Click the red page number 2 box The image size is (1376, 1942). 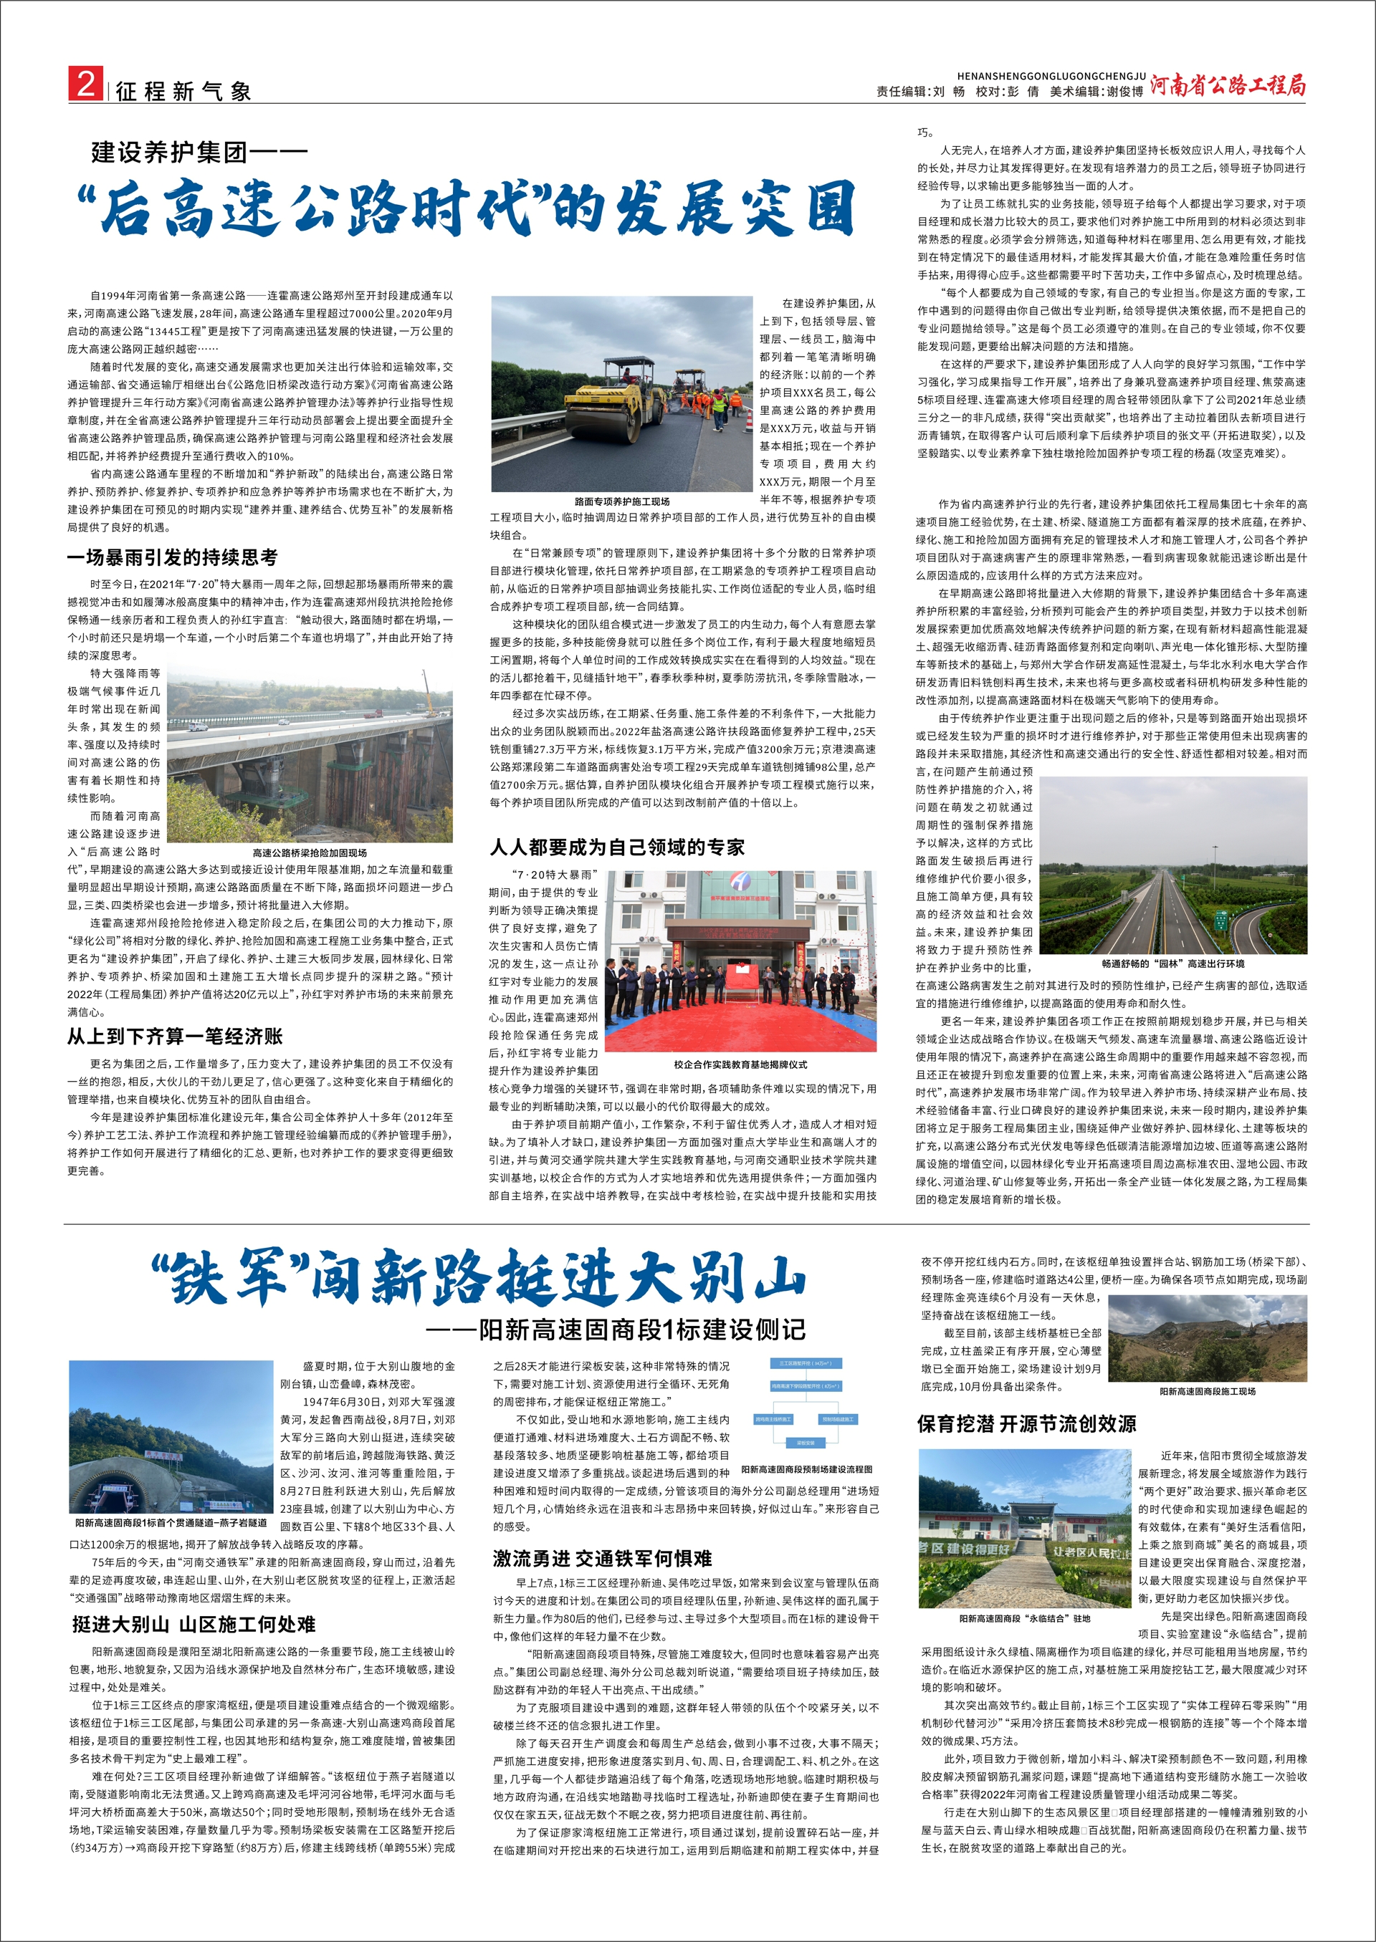point(85,85)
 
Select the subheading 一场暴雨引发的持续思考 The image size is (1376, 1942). point(173,557)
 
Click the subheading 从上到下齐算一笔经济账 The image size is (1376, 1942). point(175,1036)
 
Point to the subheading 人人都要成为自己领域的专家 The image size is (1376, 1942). point(618,847)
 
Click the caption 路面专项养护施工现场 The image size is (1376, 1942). point(622,502)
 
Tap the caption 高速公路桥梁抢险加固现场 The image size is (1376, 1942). point(310,853)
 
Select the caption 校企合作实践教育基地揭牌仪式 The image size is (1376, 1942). point(740,1064)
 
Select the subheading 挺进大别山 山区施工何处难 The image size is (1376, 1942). point(194,1623)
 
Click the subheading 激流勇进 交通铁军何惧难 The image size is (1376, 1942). point(603,1558)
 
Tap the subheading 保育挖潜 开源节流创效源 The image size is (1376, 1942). point(1026,1423)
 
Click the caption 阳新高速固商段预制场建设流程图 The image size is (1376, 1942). point(807,1469)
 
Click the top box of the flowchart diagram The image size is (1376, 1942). point(807,1363)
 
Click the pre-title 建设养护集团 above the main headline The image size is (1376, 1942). point(169,153)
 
